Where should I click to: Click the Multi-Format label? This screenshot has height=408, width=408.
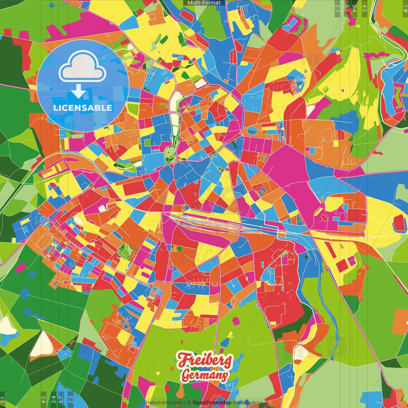[x=204, y=3]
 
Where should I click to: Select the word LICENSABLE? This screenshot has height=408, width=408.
[x=83, y=108]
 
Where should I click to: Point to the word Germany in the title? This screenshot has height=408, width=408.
[x=205, y=375]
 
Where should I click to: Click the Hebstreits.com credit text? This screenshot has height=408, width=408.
[x=164, y=403]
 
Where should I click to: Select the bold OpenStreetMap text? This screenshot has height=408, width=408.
[x=212, y=403]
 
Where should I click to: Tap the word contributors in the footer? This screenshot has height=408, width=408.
[x=247, y=403]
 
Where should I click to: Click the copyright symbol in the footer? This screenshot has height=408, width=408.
[x=189, y=403]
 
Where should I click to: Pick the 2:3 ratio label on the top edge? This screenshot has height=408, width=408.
[x=337, y=8]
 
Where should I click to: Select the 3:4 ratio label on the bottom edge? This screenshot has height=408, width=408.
[x=54, y=399]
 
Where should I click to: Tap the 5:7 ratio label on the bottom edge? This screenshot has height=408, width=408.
[x=61, y=399]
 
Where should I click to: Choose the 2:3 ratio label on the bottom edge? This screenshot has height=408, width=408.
[x=71, y=399]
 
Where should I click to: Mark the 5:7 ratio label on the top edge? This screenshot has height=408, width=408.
[x=347, y=8]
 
